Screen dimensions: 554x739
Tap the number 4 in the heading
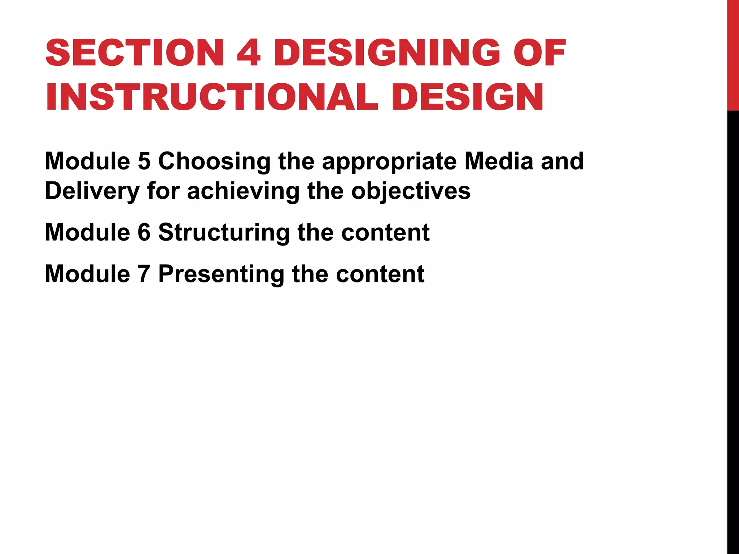coord(249,53)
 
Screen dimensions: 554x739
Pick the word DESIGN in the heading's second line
coord(468,97)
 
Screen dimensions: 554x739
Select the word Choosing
coord(214,162)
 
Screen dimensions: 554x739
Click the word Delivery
coord(92,191)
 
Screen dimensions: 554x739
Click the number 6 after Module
coord(144,232)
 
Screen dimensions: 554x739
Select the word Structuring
coord(224,233)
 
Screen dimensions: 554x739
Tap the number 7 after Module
coord(144,274)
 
